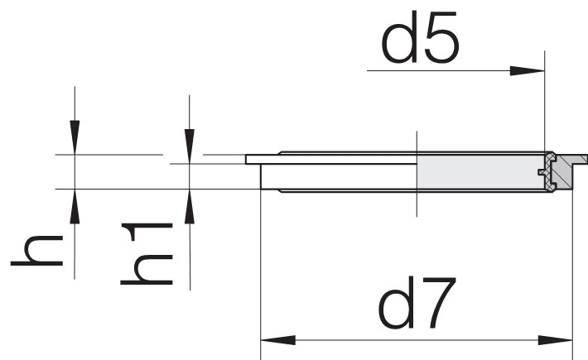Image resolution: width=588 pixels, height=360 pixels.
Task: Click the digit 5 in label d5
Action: (x=441, y=37)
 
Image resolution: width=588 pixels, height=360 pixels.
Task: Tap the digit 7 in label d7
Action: (x=439, y=303)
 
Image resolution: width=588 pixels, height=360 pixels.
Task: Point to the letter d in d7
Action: (x=397, y=303)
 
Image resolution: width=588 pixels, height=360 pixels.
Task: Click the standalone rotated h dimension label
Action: (x=36, y=251)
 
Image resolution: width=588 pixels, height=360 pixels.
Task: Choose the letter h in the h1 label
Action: (x=147, y=269)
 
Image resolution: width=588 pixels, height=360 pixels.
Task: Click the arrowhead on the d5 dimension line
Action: (x=527, y=70)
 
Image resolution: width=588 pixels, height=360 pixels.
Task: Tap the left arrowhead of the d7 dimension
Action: (x=278, y=340)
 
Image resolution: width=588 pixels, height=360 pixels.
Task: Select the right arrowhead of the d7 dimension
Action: (x=555, y=340)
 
